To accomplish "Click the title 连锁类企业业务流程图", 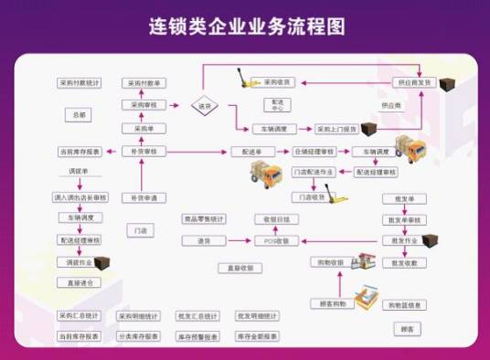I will [247, 26].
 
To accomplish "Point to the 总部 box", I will [79, 116].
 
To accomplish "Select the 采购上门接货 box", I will [337, 129].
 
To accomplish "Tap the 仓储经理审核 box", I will [312, 151].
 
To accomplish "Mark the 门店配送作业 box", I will [313, 172].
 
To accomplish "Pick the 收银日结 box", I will [276, 219].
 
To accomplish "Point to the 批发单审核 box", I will [403, 220].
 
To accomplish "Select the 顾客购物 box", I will [326, 302].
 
